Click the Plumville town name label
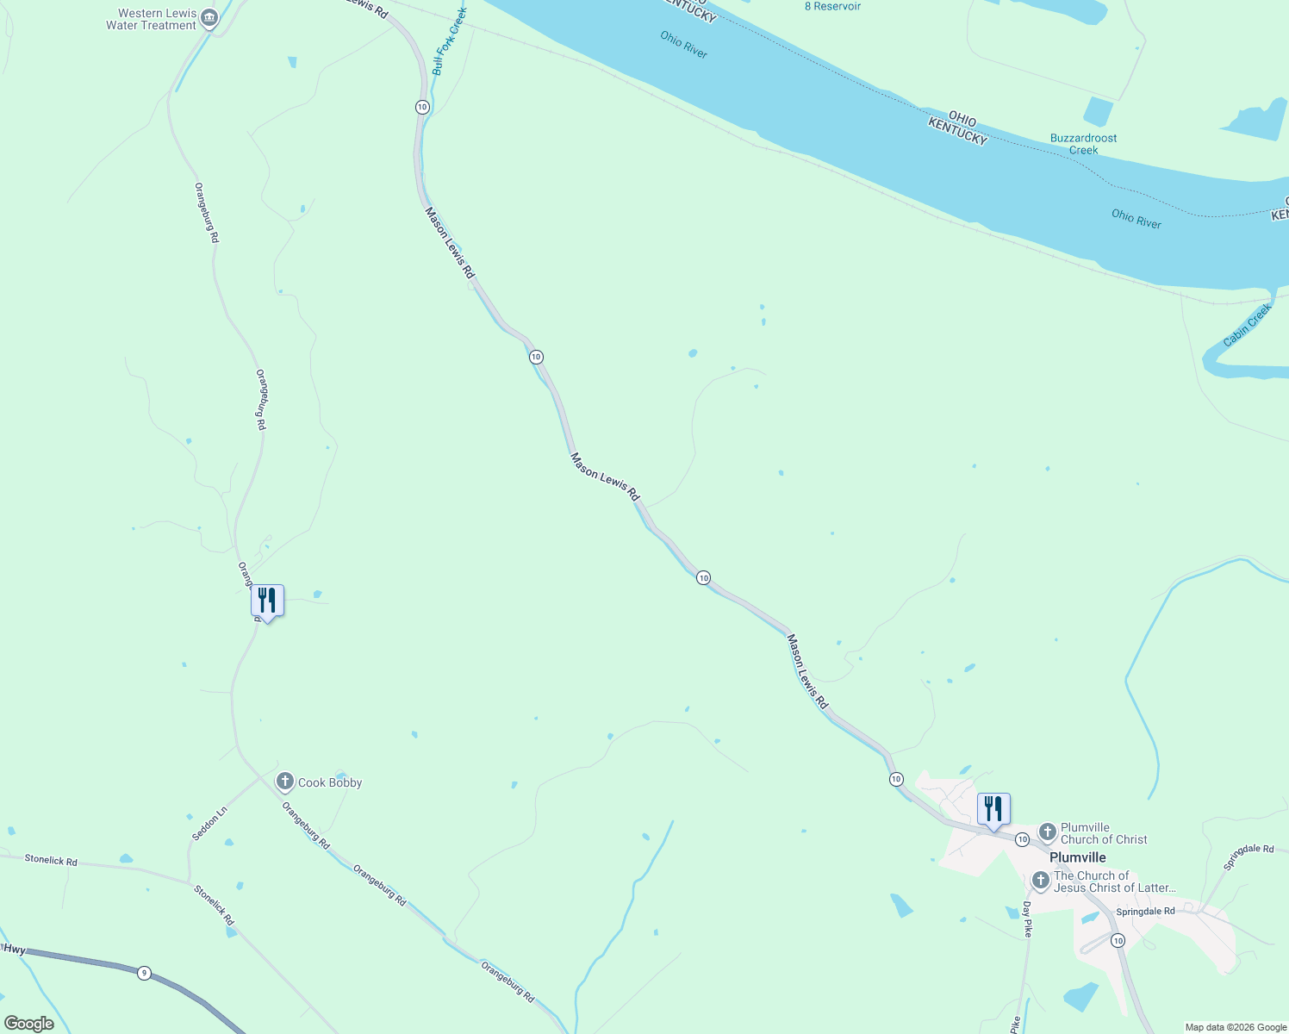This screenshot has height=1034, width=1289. pyautogui.click(x=1077, y=857)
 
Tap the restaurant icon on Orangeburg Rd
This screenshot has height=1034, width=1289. pyautogui.click(x=267, y=601)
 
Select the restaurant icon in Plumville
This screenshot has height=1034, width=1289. pyautogui.click(x=993, y=809)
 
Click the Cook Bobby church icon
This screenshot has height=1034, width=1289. pyautogui.click(x=285, y=782)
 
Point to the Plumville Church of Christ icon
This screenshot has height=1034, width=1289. pyautogui.click(x=1047, y=832)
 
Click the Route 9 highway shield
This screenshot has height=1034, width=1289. pyautogui.click(x=144, y=973)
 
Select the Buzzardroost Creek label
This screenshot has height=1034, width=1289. pyautogui.click(x=1083, y=144)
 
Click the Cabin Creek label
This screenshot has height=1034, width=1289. pyautogui.click(x=1247, y=326)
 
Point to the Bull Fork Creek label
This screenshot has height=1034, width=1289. pyautogui.click(x=449, y=41)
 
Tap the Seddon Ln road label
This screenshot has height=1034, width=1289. pyautogui.click(x=209, y=824)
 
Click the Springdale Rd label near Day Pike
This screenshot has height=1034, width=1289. pyautogui.click(x=1145, y=912)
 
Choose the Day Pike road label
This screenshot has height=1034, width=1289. pyautogui.click(x=1027, y=919)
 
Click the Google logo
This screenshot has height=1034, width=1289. pyautogui.click(x=29, y=1024)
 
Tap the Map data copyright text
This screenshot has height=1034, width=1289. pyautogui.click(x=1236, y=1027)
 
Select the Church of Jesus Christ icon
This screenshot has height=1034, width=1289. pyautogui.click(x=1040, y=881)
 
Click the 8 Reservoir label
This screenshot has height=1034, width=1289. pyautogui.click(x=832, y=6)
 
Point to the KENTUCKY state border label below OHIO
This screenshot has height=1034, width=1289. pyautogui.click(x=957, y=133)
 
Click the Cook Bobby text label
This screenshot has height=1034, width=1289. pyautogui.click(x=330, y=782)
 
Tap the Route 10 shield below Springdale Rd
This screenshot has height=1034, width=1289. pyautogui.click(x=1118, y=940)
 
